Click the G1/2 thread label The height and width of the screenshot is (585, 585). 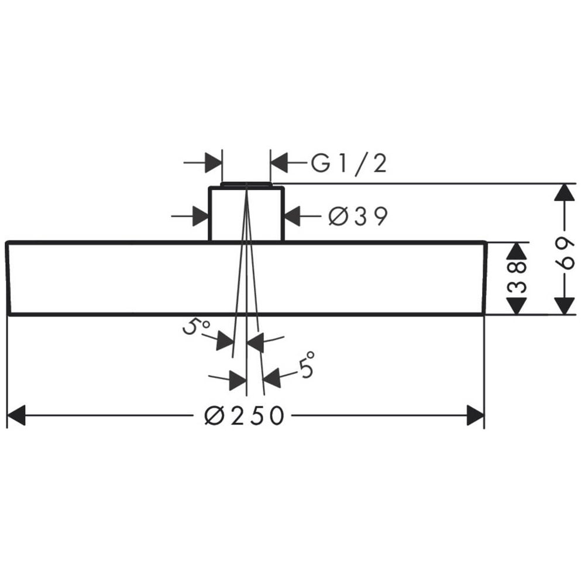click(349, 163)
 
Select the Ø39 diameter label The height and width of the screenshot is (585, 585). click(358, 216)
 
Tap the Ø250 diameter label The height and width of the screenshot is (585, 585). click(245, 415)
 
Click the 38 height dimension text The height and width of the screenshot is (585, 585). click(517, 277)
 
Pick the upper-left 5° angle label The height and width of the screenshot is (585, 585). click(195, 327)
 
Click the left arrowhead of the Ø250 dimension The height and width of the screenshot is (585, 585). click(16, 415)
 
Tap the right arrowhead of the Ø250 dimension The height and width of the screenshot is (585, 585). click(475, 415)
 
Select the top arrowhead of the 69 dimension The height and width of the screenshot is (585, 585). click(564, 193)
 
